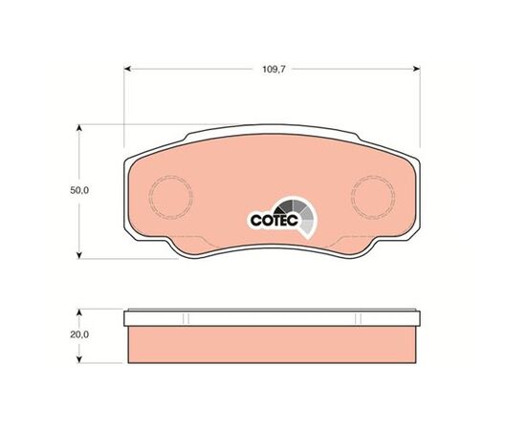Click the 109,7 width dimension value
click(274, 70)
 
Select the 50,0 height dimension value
click(79, 190)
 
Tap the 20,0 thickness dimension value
click(79, 334)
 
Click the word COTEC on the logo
click(274, 220)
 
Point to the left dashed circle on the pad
click(171, 198)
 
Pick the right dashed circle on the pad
click(373, 197)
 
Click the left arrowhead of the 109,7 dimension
click(127, 69)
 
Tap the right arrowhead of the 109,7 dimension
click(417, 69)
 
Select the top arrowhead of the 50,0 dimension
click(79, 128)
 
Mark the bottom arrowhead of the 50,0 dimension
click(79, 255)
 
